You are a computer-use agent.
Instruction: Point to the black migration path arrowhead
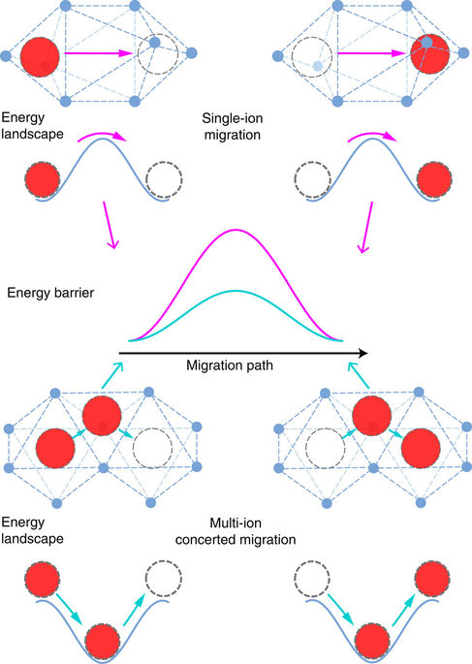pos(361,352)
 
